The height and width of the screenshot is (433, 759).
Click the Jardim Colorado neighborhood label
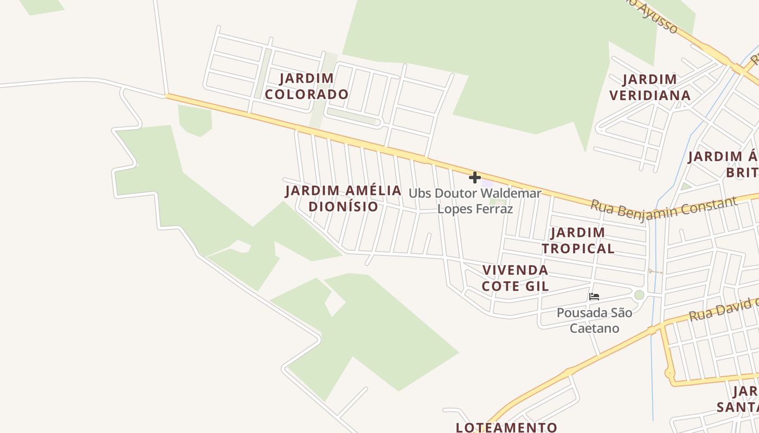tap(306, 86)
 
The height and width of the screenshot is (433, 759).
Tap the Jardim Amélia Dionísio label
tap(343, 198)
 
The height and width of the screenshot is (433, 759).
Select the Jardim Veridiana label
tap(649, 87)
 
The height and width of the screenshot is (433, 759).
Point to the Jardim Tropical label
tap(578, 240)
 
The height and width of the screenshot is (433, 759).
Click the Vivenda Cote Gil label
tap(515, 278)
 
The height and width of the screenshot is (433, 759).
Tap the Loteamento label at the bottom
tap(506, 427)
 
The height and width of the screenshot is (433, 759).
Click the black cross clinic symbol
tap(475, 178)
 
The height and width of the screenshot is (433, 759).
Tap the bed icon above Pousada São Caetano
tap(594, 297)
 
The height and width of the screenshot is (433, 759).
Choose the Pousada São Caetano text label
tap(594, 320)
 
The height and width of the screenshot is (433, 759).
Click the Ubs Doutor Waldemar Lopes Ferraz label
tap(475, 201)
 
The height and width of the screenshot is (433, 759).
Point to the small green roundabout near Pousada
tap(639, 295)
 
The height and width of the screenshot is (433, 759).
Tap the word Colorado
tap(306, 94)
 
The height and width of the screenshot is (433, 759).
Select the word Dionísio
tap(343, 206)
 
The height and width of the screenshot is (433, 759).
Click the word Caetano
tap(594, 328)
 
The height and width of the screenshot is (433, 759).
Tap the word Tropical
tap(578, 248)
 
